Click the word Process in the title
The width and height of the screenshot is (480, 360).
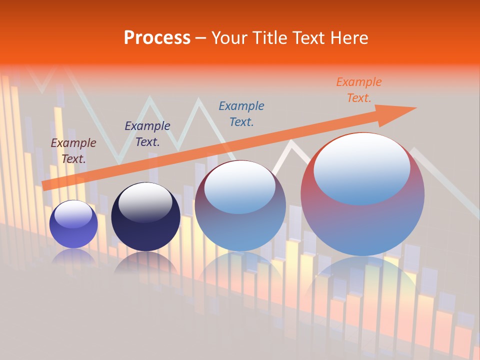pyautogui.click(x=157, y=38)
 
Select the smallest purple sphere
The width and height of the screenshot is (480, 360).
pyautogui.click(x=73, y=224)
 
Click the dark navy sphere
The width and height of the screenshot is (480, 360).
pyautogui.click(x=145, y=217)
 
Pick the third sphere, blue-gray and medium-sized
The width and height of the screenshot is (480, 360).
pyautogui.click(x=240, y=206)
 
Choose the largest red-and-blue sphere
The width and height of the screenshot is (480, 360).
pyautogui.click(x=362, y=195)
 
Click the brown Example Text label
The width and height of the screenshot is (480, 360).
pyautogui.click(x=73, y=151)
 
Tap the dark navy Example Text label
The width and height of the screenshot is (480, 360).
pyautogui.click(x=147, y=134)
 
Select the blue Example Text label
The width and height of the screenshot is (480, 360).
pyautogui.click(x=241, y=113)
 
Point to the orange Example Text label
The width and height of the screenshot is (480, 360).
pyautogui.click(x=358, y=90)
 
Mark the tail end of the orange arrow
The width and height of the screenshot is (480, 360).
pyautogui.click(x=46, y=185)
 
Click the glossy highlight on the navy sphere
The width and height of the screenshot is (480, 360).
pyautogui.click(x=145, y=202)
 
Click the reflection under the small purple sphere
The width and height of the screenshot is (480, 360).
pyautogui.click(x=73, y=257)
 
